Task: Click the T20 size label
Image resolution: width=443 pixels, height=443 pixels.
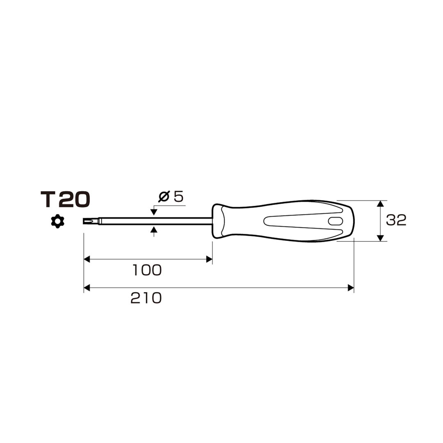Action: click(65, 199)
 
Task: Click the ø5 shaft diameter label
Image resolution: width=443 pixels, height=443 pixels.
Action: click(171, 196)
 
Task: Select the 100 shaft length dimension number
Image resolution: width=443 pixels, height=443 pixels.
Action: click(147, 270)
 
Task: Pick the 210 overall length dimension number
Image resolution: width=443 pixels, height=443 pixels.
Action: click(146, 298)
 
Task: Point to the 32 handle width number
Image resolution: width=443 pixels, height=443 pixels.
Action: click(396, 220)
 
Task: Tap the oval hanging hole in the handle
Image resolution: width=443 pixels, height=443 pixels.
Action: click(336, 221)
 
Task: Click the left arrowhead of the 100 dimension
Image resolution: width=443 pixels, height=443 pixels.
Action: click(87, 259)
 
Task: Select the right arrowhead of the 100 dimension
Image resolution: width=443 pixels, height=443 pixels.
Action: click(209, 259)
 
